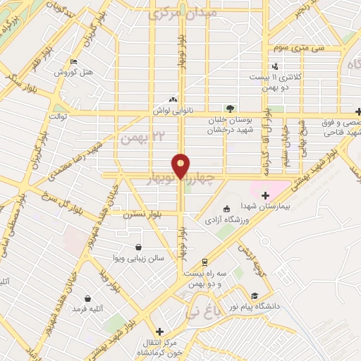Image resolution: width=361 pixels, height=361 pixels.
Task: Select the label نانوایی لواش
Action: point(173,110)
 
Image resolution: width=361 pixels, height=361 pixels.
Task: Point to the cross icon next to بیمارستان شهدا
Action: point(265,195)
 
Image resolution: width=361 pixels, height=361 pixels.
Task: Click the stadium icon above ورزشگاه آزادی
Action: point(226,209)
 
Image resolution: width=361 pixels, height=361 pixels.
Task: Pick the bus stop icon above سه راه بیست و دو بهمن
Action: point(204,261)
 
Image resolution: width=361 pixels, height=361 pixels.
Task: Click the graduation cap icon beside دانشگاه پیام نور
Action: point(254,297)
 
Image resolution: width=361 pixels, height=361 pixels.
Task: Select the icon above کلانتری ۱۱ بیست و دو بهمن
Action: point(275,66)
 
